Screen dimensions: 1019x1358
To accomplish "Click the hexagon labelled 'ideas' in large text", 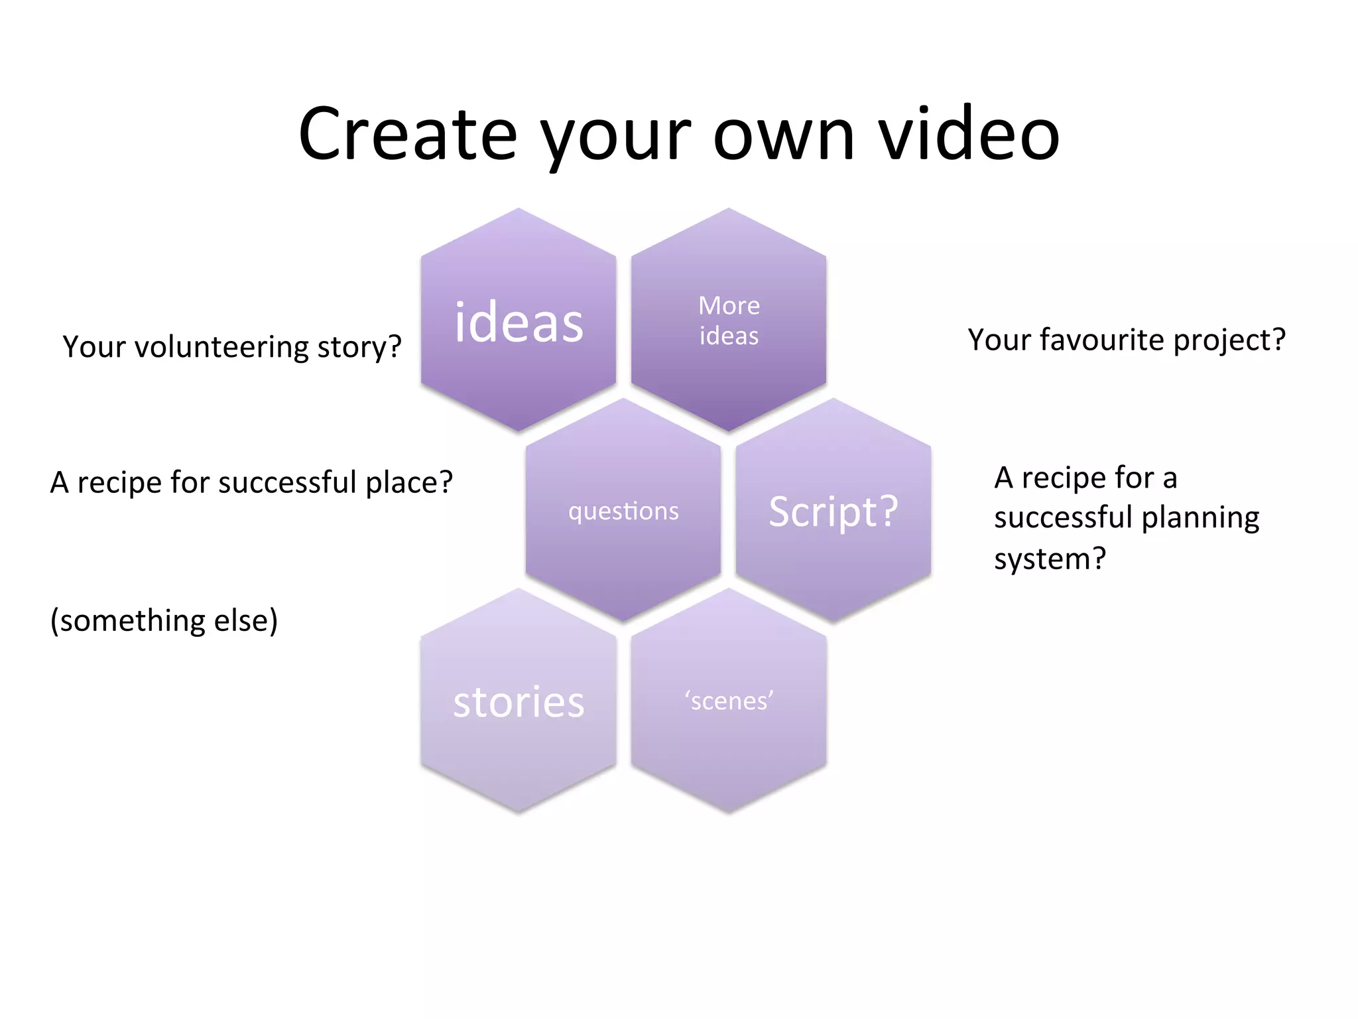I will [519, 322].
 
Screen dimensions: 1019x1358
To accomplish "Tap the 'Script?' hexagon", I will [833, 511].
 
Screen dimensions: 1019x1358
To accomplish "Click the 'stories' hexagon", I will [519, 702].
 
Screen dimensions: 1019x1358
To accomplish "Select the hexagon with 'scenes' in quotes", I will [728, 701].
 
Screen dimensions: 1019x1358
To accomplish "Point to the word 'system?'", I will [1050, 559].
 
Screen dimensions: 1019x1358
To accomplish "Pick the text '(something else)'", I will [164, 621].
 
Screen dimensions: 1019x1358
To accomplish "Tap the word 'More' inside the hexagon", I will [729, 306].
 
